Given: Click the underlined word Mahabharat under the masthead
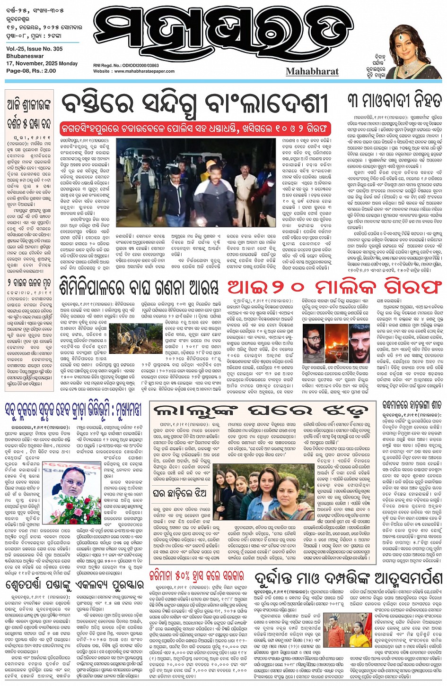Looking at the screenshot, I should coord(312,71).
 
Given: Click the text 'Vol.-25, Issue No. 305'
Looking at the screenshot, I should coord(34,49).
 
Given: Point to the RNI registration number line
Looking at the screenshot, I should coord(126,66).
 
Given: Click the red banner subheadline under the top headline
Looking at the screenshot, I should coord(195,128).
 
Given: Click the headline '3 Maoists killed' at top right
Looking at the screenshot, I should coord(394,101).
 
